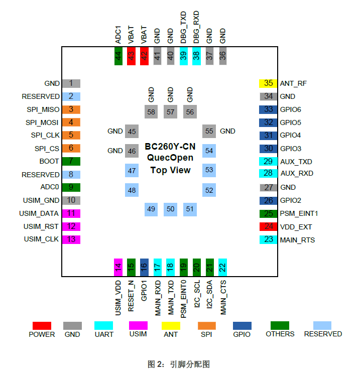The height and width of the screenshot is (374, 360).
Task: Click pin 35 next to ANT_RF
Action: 269,83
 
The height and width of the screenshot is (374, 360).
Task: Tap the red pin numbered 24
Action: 269,226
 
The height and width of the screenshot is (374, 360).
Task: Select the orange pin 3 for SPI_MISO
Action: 71,109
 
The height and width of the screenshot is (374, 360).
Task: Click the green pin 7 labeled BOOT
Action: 71,161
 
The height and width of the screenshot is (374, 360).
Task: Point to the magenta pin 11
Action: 71,213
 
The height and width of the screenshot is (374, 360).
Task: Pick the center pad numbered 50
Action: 170,209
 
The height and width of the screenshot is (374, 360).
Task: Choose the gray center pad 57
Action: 170,112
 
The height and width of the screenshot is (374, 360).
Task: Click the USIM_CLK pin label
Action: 41,239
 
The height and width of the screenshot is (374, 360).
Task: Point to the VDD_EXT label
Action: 297,226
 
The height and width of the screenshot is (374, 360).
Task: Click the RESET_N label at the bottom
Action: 132,297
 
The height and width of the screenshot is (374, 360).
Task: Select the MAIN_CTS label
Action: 223,297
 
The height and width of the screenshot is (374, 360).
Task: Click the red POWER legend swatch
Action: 42,325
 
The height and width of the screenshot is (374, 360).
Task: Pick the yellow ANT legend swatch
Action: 171,325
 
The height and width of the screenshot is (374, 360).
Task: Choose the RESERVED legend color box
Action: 322,325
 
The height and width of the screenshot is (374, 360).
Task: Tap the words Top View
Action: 170,170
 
